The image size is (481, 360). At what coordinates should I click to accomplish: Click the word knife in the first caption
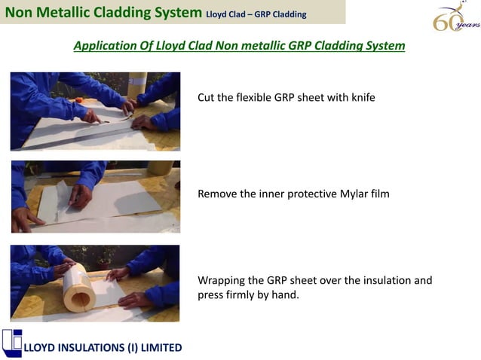click(360, 98)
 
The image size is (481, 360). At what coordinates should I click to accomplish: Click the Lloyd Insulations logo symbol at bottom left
click(12, 342)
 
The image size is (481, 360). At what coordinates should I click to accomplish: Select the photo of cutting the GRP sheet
click(95, 111)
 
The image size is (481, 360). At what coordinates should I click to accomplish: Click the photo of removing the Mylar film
click(95, 197)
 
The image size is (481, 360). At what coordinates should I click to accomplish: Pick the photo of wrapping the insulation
click(95, 283)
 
